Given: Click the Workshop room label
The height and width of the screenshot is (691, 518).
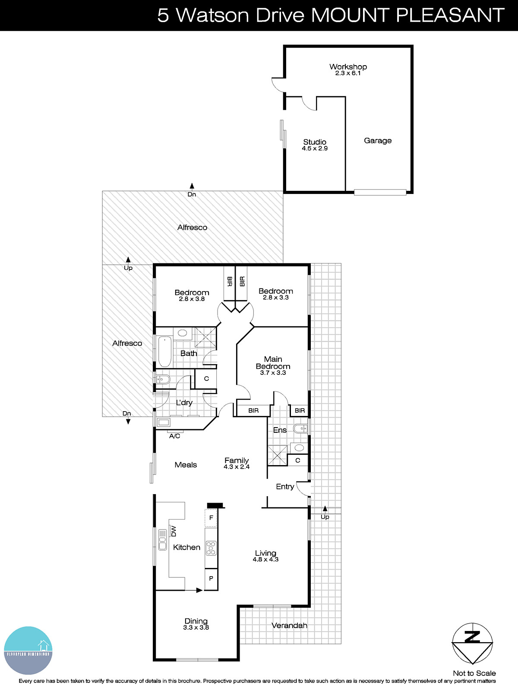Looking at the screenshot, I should coord(348,67).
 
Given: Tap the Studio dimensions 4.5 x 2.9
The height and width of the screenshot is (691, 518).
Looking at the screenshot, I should coord(315,149).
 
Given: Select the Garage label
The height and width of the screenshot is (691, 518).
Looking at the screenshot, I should coord(378,140).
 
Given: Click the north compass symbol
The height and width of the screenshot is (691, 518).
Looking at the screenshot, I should coord(472,643).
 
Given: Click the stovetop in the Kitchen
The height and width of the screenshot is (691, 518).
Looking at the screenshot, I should coord(211,548).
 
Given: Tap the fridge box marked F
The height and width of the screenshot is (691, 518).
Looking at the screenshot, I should coord(211,518).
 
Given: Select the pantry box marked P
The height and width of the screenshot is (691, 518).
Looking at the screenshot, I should coord(211,578).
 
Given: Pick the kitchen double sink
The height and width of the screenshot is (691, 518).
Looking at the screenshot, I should coord(162,540).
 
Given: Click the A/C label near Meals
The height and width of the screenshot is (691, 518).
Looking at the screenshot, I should coord(174,436).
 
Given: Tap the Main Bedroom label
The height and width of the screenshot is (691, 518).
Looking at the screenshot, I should coord(273,362).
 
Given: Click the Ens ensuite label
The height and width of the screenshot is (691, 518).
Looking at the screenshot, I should coord(280,430).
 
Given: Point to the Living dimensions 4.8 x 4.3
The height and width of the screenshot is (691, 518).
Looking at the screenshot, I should coord(265,559).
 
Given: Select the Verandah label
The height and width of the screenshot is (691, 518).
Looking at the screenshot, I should coord(289,625).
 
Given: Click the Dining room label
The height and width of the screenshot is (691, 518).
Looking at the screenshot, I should coord(196,621).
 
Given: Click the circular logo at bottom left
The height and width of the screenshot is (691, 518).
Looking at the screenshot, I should coord(28,650).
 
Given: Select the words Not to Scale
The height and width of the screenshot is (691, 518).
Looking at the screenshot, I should coord(474,673).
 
